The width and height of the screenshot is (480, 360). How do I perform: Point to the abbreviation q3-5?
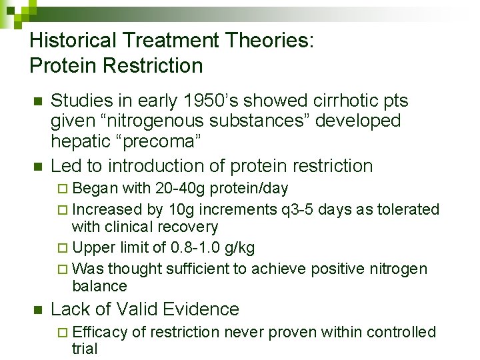coord(299,210)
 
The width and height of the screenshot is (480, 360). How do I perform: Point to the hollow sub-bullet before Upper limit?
coord(63,249)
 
